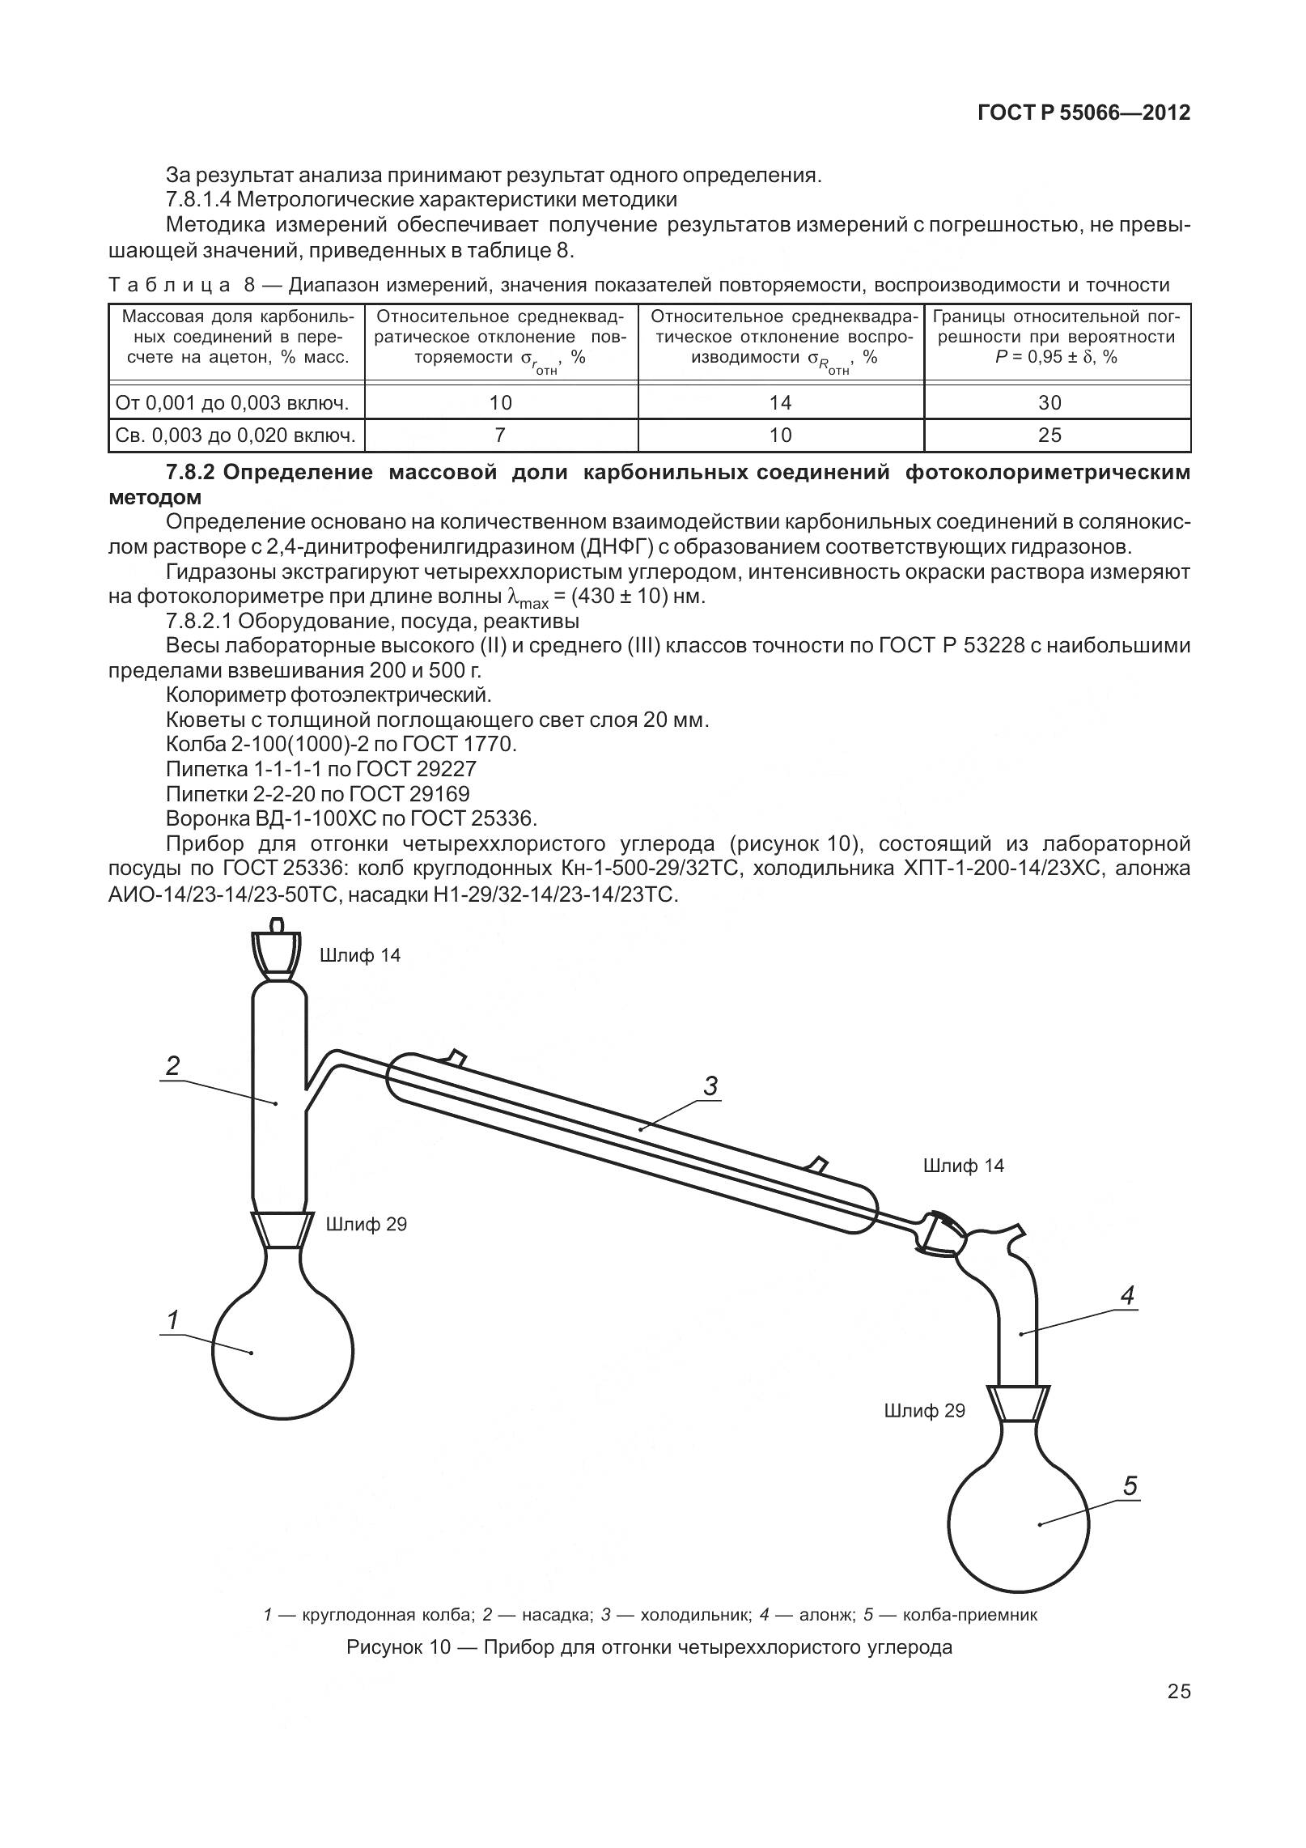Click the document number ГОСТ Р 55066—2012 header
pos(1083,113)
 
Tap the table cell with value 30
pos(1049,402)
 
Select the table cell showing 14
pos(780,402)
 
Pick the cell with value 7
pos(500,435)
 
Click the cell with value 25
pos(1049,435)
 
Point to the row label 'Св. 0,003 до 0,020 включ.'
pos(235,435)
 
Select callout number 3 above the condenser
pos(710,1086)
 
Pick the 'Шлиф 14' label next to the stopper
pos(360,956)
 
